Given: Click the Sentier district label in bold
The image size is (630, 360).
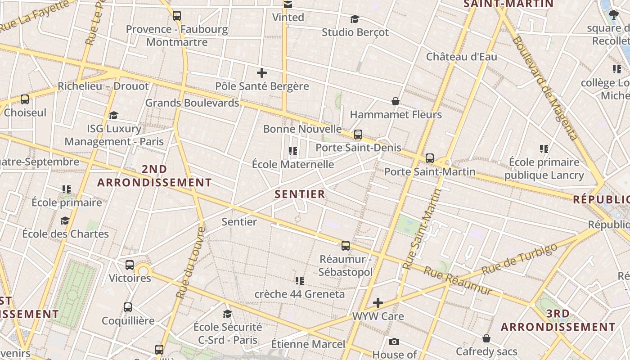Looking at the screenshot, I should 300,194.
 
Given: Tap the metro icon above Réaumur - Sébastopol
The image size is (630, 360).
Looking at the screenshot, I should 346,246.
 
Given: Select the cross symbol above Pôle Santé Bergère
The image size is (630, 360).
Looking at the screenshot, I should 262,73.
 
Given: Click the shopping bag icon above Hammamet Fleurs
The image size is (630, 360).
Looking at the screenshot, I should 396,101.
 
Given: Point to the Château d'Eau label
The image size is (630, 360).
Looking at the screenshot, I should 462,57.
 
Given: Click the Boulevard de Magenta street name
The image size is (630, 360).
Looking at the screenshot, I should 544,88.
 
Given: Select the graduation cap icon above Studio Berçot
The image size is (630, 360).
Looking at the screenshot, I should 355,19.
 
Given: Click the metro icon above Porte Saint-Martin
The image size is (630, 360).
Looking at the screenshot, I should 430,158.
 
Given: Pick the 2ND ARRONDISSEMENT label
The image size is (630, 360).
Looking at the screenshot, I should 154,176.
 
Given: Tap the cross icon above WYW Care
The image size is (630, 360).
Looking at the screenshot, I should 378,302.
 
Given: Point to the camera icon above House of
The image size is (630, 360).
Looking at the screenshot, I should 394,342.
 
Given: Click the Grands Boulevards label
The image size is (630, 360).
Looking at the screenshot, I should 192,103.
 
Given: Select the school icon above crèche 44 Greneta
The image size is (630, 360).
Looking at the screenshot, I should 300,281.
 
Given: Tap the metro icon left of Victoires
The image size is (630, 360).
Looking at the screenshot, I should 130,265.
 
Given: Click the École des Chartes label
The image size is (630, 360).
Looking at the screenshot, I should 66,234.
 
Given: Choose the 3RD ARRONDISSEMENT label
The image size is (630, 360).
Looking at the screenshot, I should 558,320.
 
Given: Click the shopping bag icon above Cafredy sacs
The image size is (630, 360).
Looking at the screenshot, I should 486,338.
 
